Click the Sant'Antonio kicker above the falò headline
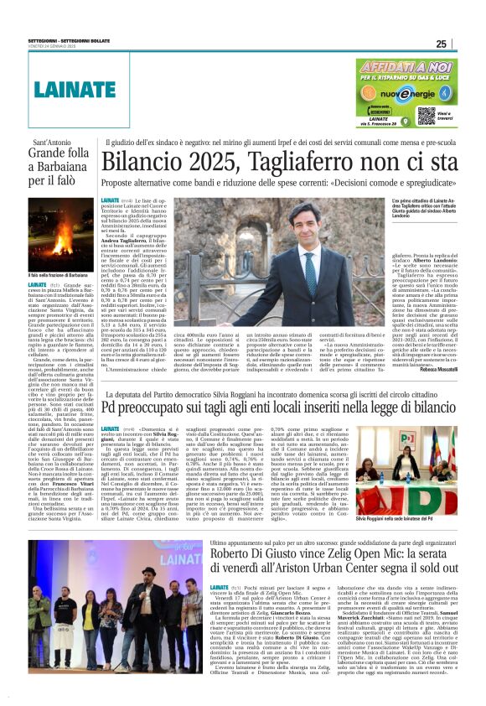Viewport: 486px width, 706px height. coord(52,143)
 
